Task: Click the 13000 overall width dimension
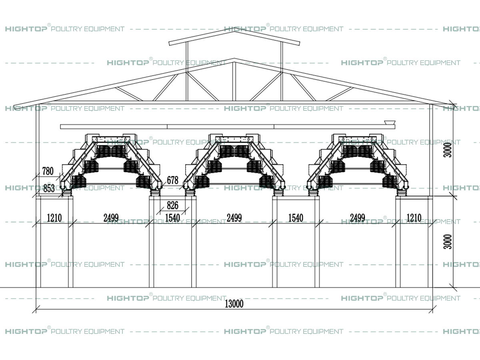tap(234, 304)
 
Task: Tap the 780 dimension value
tap(48, 171)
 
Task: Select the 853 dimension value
tap(49, 188)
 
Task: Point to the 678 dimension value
tap(173, 180)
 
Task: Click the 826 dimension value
tap(172, 206)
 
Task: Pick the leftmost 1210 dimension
tap(54, 218)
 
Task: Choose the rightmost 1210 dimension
tap(414, 218)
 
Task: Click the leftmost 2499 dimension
tap(111, 218)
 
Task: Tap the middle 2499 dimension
tap(234, 218)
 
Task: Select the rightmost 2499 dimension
tap(357, 218)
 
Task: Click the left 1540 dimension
tap(172, 218)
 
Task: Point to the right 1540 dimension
tap(296, 218)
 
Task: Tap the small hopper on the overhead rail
tap(388, 122)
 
